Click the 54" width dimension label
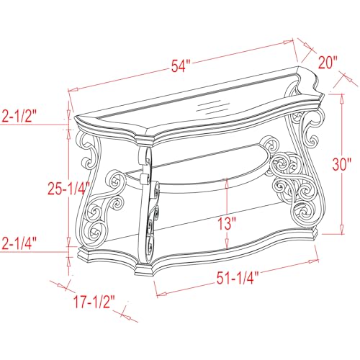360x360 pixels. click(x=181, y=66)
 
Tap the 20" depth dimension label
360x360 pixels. click(x=328, y=63)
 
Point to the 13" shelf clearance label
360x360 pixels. click(x=227, y=223)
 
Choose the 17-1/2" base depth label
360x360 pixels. click(x=94, y=302)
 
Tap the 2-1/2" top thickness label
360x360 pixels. click(x=19, y=116)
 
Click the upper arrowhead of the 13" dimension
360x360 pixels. click(x=227, y=182)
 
